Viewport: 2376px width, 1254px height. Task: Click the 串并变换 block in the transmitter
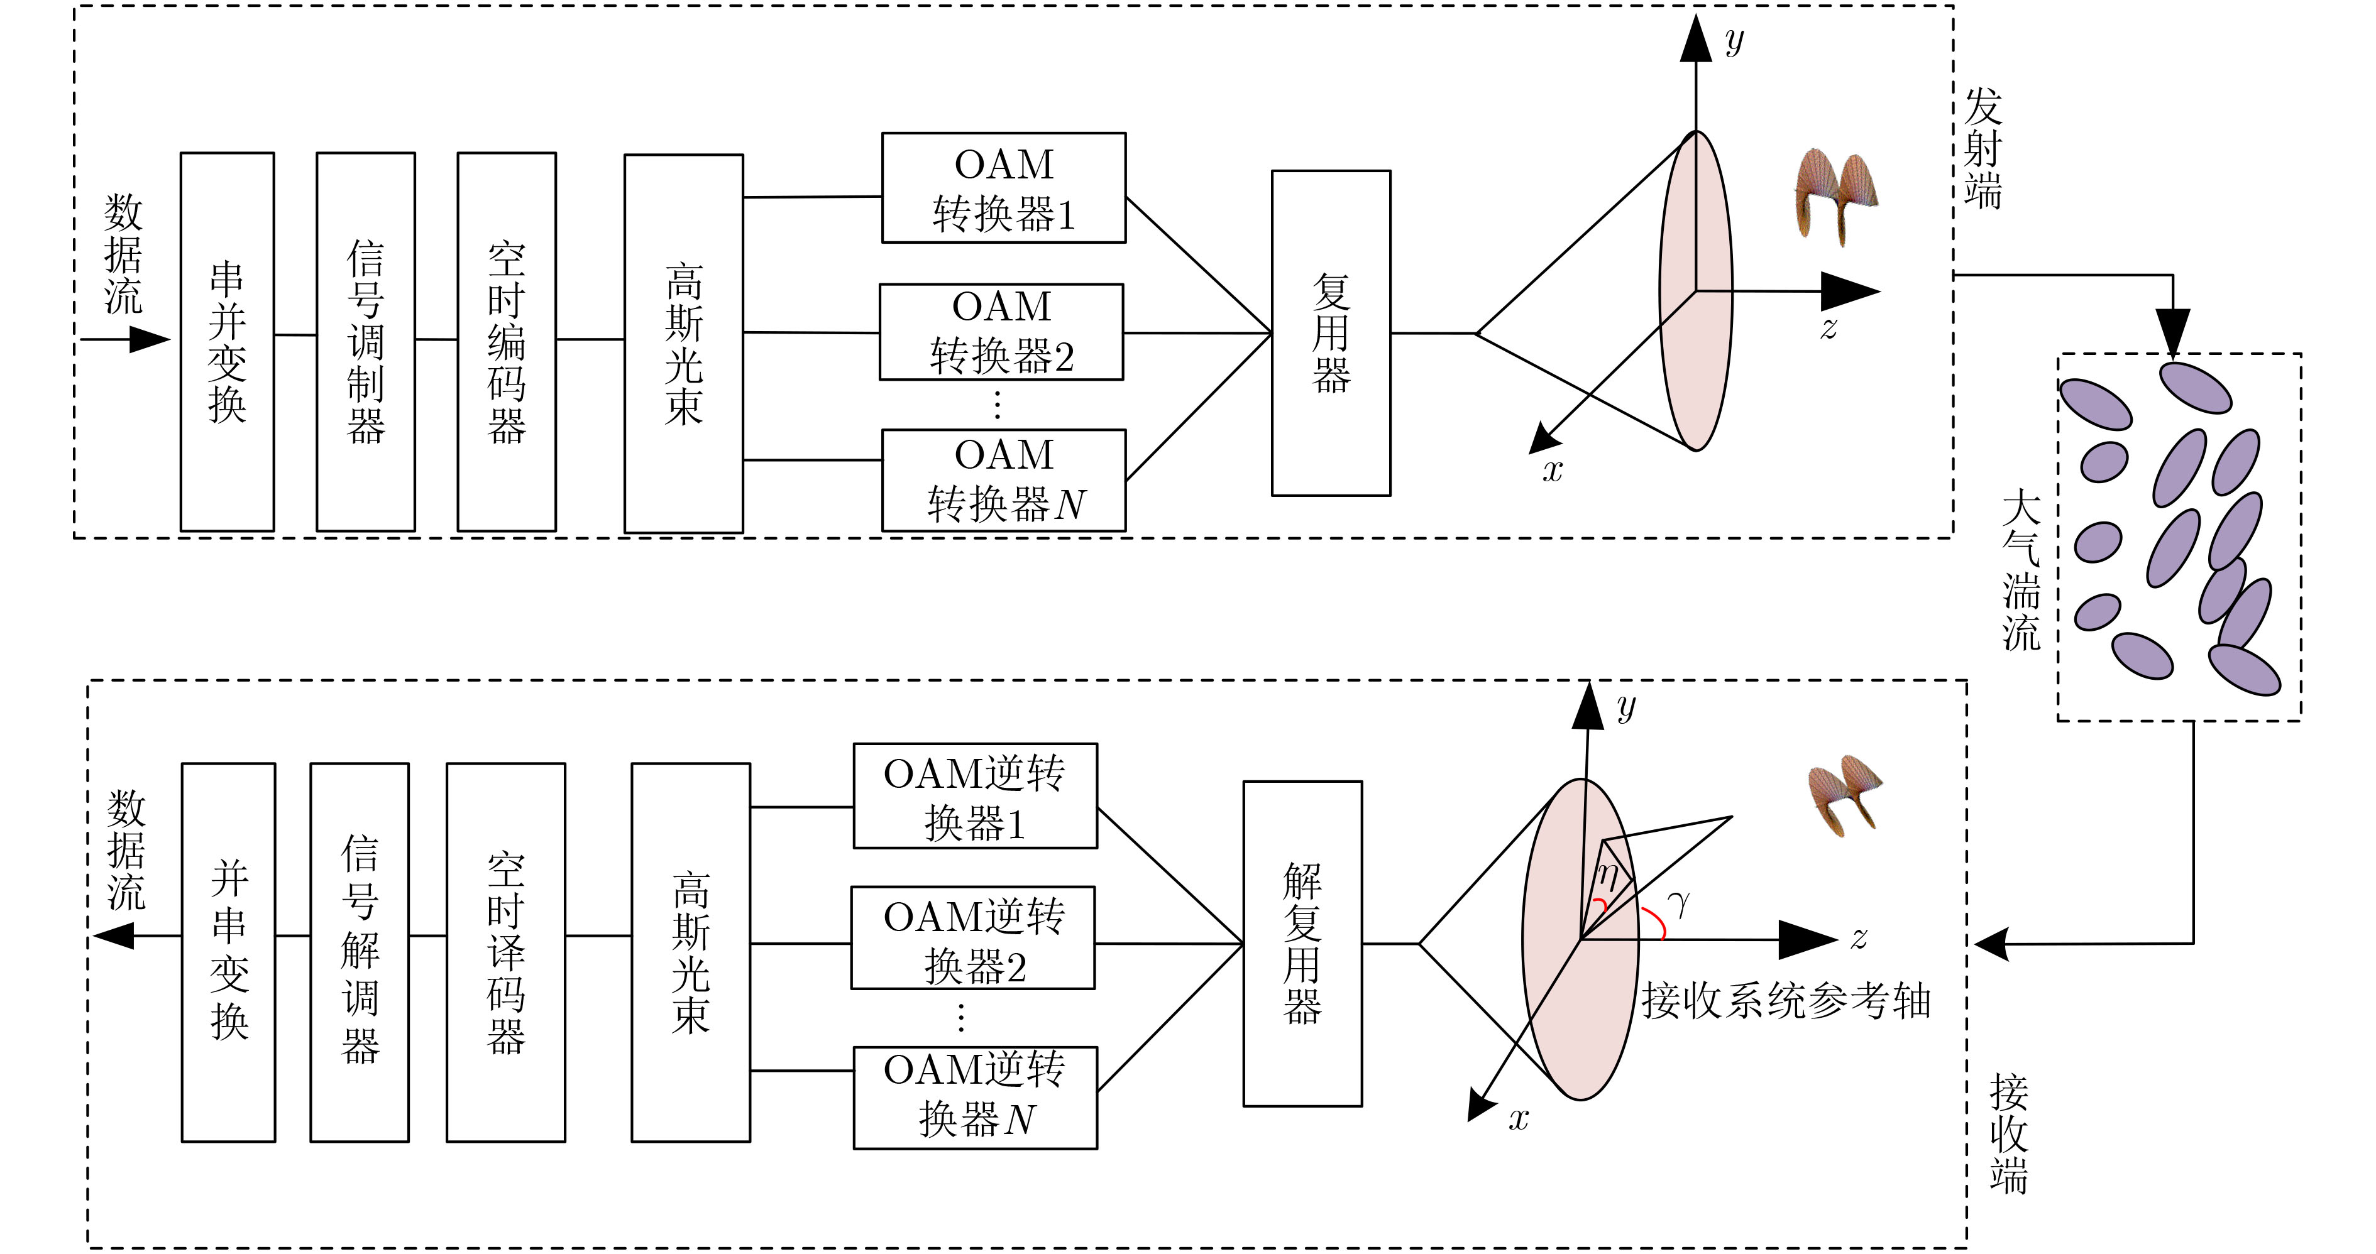pos(227,341)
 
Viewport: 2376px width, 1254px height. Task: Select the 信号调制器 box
pos(365,341)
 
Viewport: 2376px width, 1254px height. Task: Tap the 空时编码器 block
pos(507,341)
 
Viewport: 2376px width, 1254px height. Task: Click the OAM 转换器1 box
pos(1004,188)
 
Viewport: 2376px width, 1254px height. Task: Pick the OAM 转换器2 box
pos(1002,332)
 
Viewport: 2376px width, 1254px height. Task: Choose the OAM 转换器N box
pos(1004,479)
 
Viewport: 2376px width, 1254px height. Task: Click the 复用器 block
pos(1331,333)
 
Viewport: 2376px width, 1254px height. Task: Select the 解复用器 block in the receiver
pos(1302,943)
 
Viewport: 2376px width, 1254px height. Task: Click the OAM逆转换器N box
pos(975,1097)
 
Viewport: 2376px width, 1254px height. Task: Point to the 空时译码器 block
pos(505,952)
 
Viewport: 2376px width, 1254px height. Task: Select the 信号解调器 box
pos(359,952)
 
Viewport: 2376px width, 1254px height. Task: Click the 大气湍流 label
pos(2020,572)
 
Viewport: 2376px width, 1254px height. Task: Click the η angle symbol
pos(1608,871)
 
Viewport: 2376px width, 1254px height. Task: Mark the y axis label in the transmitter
pos(1734,41)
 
